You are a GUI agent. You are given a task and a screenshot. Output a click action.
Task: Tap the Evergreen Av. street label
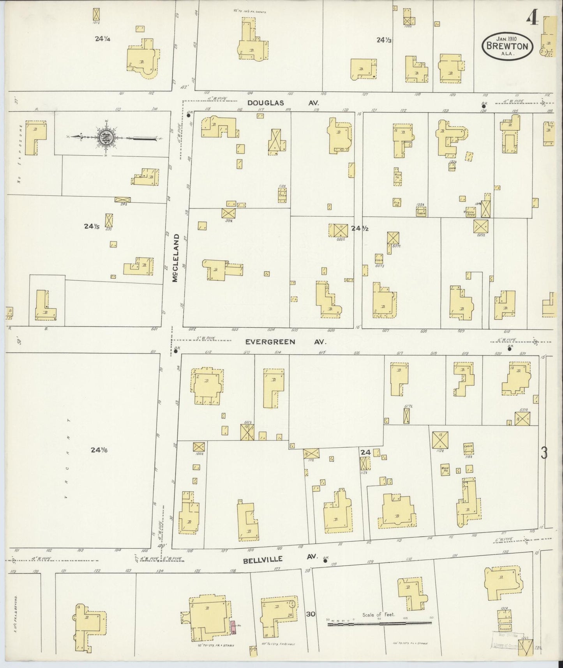pyautogui.click(x=286, y=342)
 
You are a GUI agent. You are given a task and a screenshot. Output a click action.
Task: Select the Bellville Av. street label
pyautogui.click(x=275, y=559)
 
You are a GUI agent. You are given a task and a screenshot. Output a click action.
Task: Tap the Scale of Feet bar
pyautogui.click(x=379, y=623)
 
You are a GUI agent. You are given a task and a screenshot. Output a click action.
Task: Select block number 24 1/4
pyautogui.click(x=102, y=39)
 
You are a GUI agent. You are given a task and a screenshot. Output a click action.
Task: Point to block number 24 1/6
pyautogui.click(x=99, y=450)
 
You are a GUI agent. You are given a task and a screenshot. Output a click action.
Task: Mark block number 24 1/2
pyautogui.click(x=360, y=229)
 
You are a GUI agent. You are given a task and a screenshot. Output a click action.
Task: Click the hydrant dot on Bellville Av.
pyautogui.click(x=325, y=562)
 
